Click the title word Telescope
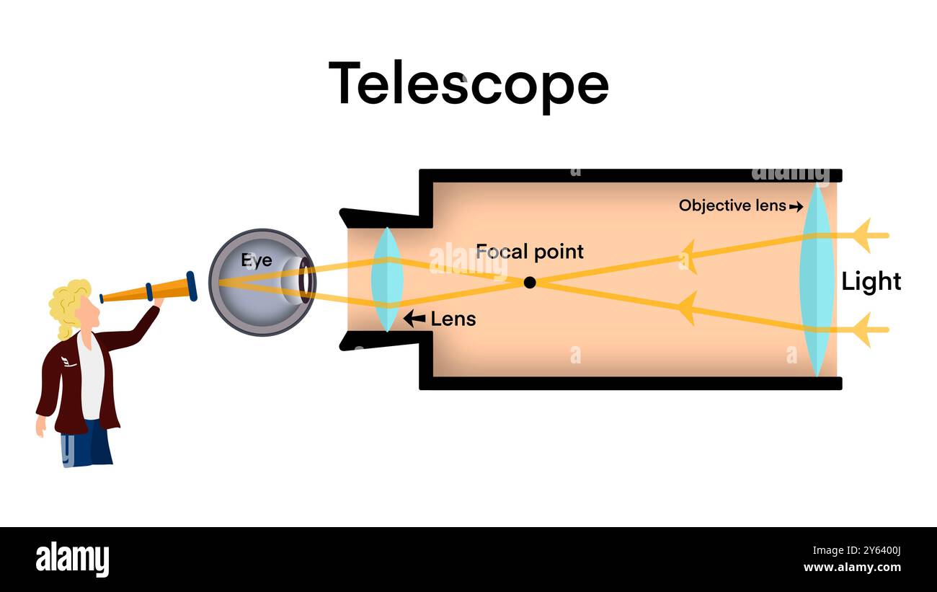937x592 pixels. coord(468,84)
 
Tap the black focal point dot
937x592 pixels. coord(530,283)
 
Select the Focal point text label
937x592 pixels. coord(529,252)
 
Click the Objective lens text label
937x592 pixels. coord(732,206)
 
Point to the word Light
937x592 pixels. coord(871,281)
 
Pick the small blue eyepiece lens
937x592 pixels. coord(386,280)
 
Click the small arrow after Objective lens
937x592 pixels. coord(796,207)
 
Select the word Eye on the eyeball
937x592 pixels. coord(256,260)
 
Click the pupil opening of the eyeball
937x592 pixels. coord(306,281)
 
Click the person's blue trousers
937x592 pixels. coord(88,447)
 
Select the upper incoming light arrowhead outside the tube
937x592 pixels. coord(862,235)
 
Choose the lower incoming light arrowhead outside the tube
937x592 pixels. coord(862,330)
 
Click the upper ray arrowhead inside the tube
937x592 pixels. coord(688,256)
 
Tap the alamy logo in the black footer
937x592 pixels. coord(72,560)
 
